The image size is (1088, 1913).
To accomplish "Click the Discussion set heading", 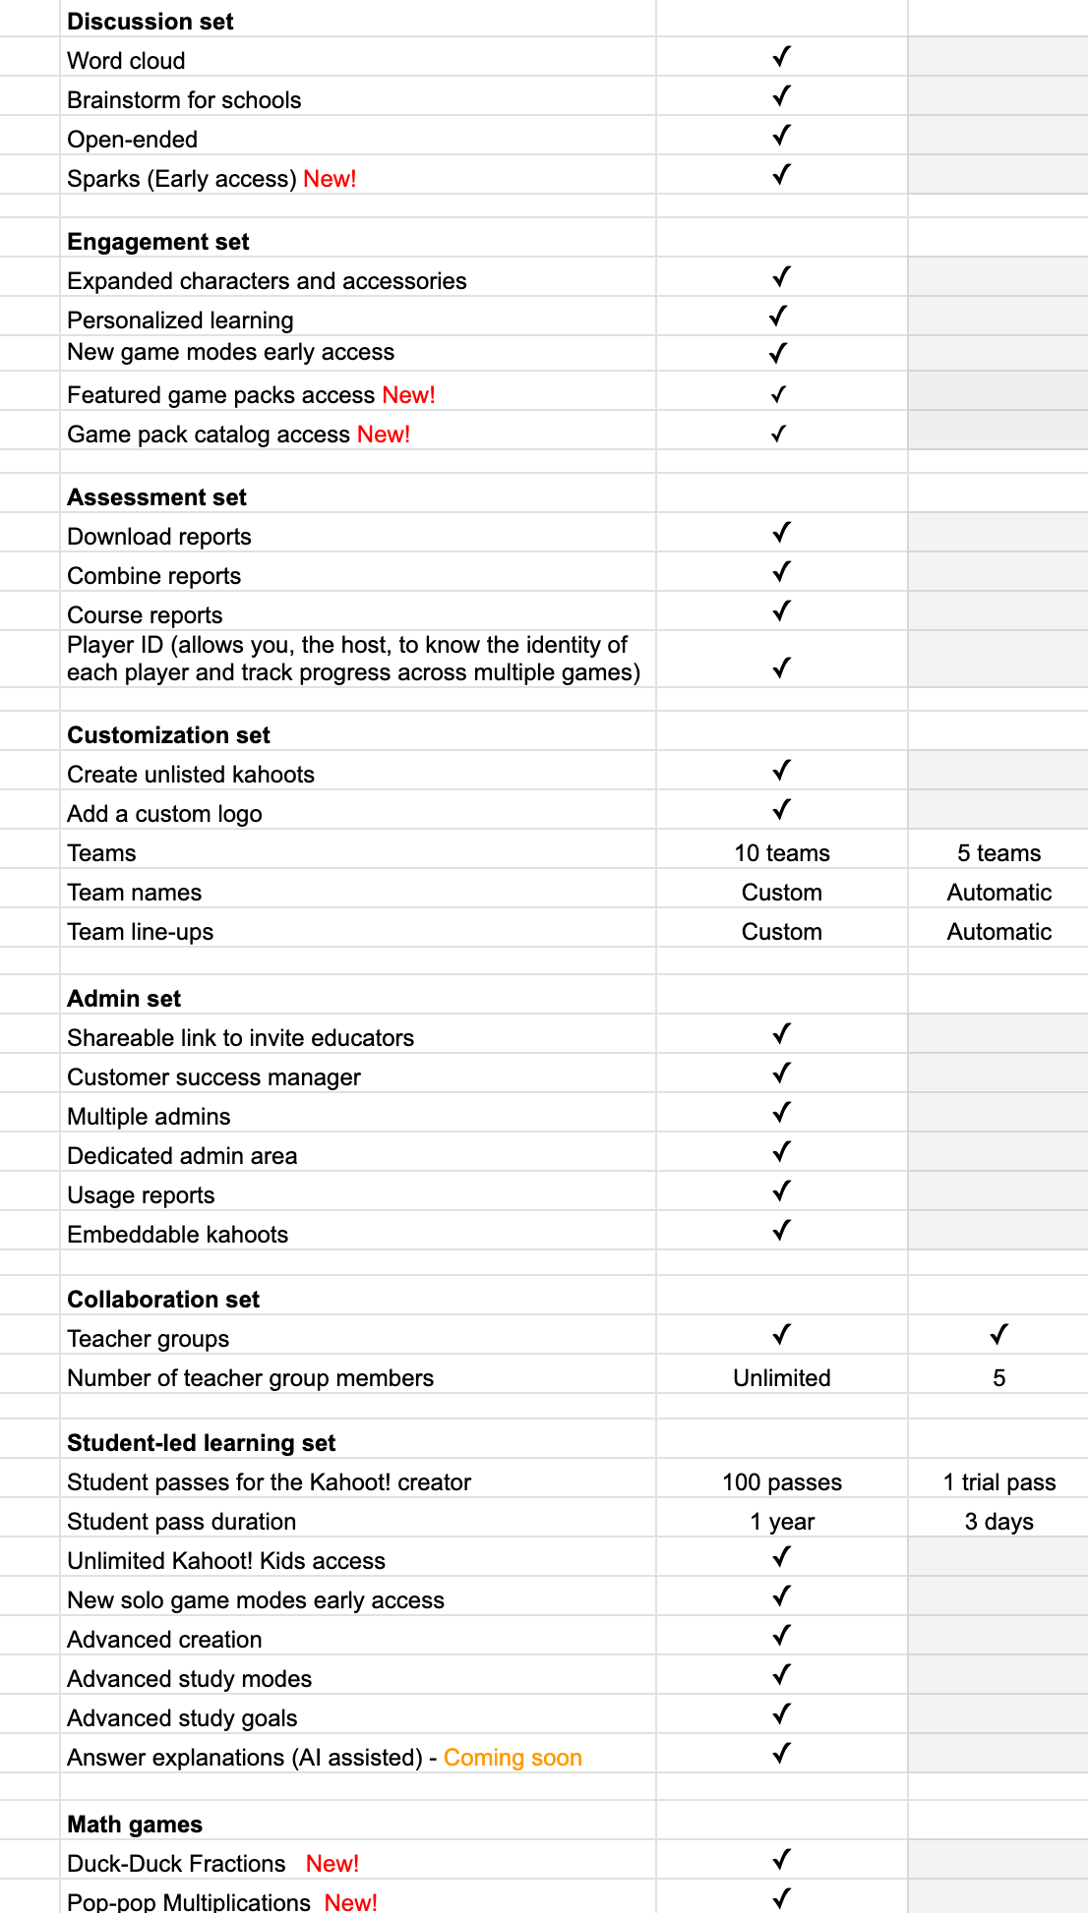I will pyautogui.click(x=150, y=22).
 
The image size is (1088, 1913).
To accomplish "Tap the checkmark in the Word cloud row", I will pyautogui.click(x=781, y=58).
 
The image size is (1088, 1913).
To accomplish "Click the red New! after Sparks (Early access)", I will pyautogui.click(x=330, y=179).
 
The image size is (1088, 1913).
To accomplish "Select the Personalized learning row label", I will pyautogui.click(x=180, y=320).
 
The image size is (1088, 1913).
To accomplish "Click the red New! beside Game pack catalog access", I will pyautogui.click(x=384, y=435).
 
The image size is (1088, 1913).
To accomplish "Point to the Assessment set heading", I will pyautogui.click(x=156, y=497).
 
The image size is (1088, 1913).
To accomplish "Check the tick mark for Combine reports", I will pyautogui.click(x=781, y=572).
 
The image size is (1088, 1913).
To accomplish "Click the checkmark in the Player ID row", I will pyautogui.click(x=781, y=668).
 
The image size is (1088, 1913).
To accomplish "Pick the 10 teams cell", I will pyautogui.click(x=781, y=853).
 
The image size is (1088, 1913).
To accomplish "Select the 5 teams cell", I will pyautogui.click(x=998, y=853).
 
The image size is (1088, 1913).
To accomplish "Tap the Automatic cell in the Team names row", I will pyautogui.click(x=998, y=893).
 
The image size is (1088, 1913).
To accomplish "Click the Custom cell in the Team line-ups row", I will pyautogui.click(x=781, y=932).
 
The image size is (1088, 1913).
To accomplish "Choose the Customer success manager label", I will pyautogui.click(x=213, y=1077).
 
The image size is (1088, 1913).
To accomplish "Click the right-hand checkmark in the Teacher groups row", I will pyautogui.click(x=998, y=1335).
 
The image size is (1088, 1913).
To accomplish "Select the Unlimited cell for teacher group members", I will pyautogui.click(x=781, y=1378).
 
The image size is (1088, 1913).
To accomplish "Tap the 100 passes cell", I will pyautogui.click(x=781, y=1482).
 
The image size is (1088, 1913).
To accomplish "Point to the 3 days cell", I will pyautogui.click(x=998, y=1522).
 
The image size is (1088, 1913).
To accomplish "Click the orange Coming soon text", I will pyautogui.click(x=513, y=1758).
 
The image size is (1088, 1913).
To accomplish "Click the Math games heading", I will pyautogui.click(x=135, y=1825).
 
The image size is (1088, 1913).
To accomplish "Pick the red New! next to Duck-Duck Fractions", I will pyautogui.click(x=332, y=1864).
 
